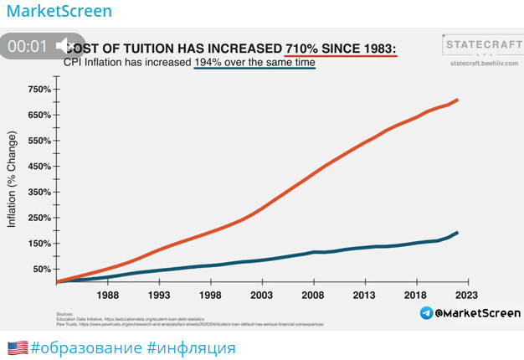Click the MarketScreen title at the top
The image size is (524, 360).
pos(59,13)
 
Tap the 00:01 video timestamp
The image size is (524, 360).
pos(28,47)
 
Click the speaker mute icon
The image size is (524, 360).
pos(64,46)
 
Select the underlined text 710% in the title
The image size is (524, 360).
pos(311,47)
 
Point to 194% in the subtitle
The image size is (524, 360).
pos(211,63)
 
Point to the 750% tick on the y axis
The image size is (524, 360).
pos(39,90)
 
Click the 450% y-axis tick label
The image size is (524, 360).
pos(39,167)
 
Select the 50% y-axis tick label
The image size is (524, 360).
pos(42,270)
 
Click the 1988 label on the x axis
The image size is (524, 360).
pos(107,296)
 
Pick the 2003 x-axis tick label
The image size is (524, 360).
pos(262,296)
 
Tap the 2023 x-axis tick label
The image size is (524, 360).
pos(467,296)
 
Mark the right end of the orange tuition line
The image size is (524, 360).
pos(457,100)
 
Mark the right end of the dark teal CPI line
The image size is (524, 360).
pos(457,233)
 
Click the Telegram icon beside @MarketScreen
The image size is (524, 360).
pos(426,313)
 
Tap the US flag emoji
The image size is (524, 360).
pos(18,347)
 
